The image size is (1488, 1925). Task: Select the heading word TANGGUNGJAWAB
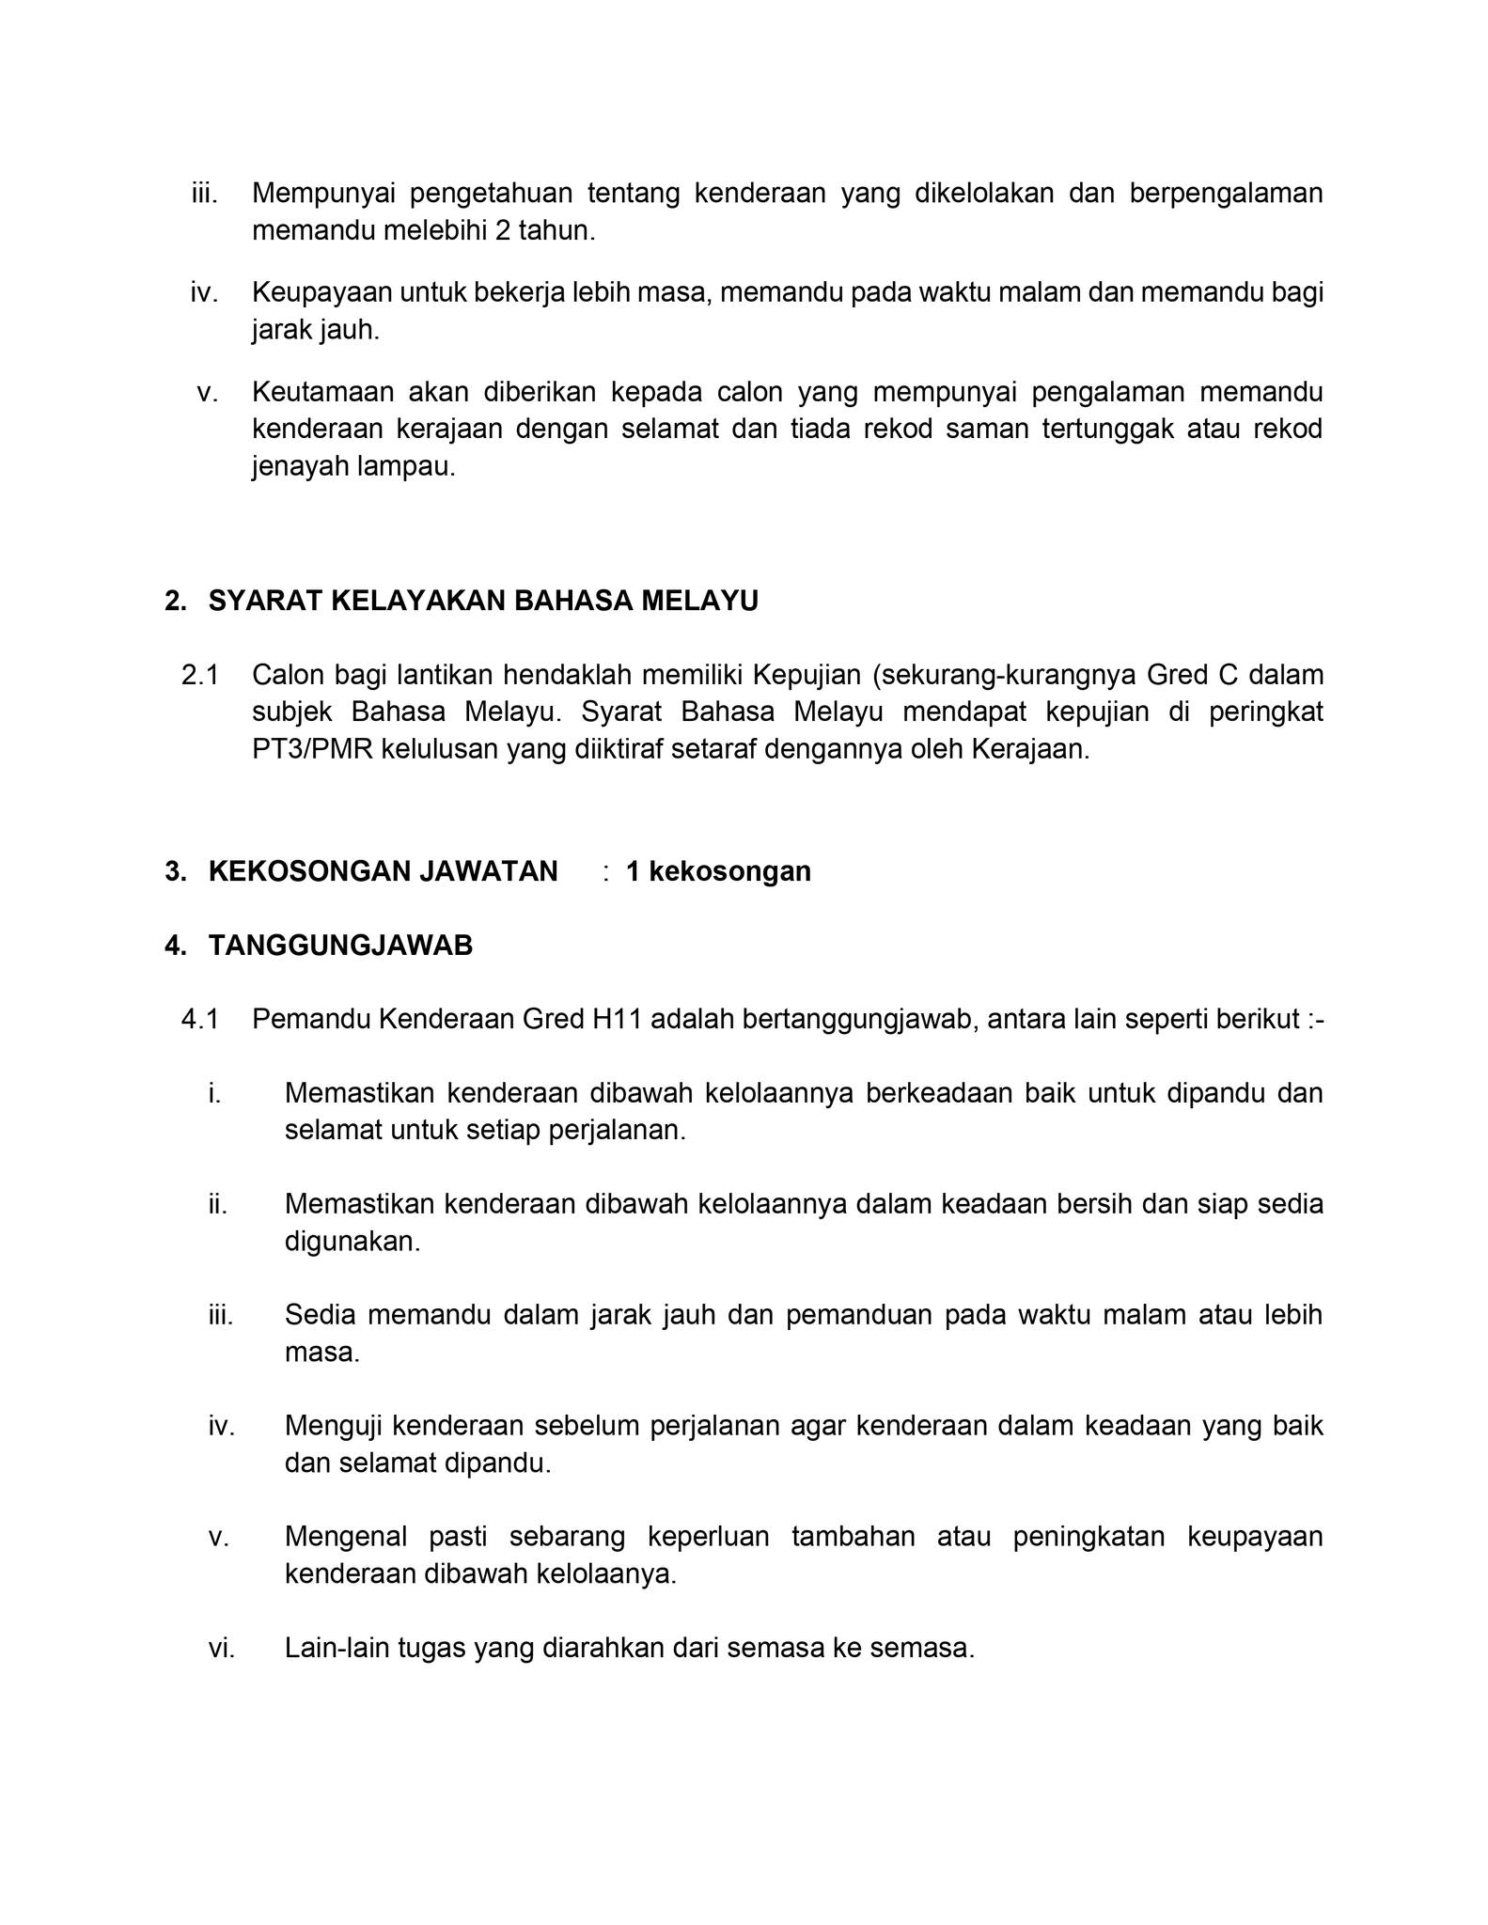pyautogui.click(x=340, y=946)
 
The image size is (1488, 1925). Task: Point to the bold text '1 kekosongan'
pyautogui.click(x=718, y=871)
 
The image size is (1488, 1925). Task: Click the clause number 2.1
pyautogui.click(x=199, y=675)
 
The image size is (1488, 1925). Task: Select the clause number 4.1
pyautogui.click(x=199, y=1020)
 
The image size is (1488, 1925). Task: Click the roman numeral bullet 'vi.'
pyautogui.click(x=222, y=1649)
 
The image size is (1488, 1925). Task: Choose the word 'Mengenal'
pyautogui.click(x=345, y=1537)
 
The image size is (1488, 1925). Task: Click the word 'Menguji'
pyautogui.click(x=332, y=1426)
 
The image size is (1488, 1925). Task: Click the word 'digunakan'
pyautogui.click(x=352, y=1242)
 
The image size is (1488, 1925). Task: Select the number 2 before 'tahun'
pyautogui.click(x=502, y=231)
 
